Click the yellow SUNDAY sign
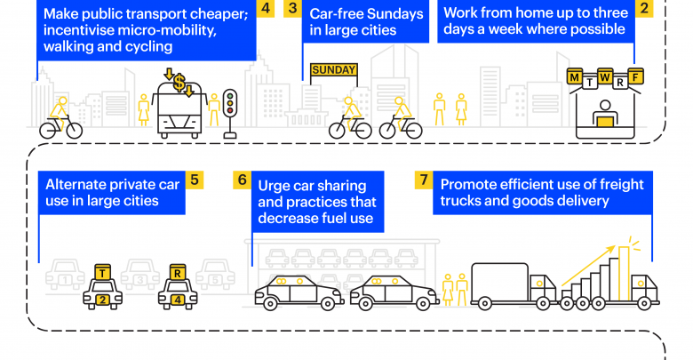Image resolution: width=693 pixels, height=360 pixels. tap(333, 70)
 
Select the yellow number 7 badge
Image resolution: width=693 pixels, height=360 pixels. tap(424, 180)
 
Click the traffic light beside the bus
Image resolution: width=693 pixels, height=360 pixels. tap(230, 107)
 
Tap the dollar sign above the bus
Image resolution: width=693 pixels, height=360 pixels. tap(179, 83)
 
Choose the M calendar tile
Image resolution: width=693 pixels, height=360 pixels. tap(575, 79)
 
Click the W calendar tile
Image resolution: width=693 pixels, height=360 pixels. tap(605, 77)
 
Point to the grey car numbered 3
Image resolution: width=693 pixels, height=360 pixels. tap(139, 278)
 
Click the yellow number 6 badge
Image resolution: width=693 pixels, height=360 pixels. tap(242, 180)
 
